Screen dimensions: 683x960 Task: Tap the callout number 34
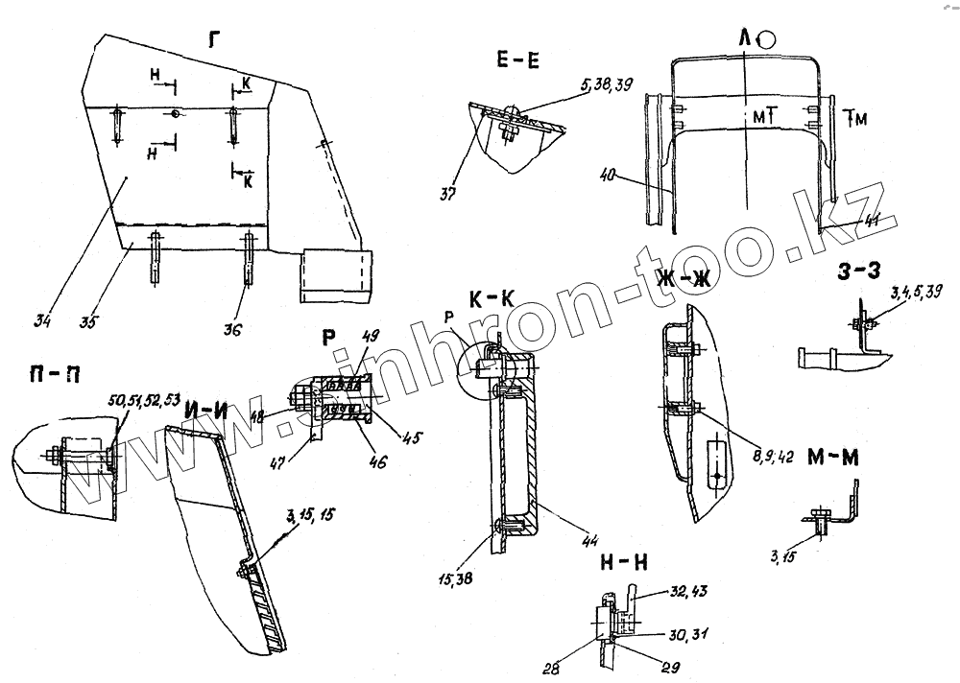[x=42, y=319]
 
